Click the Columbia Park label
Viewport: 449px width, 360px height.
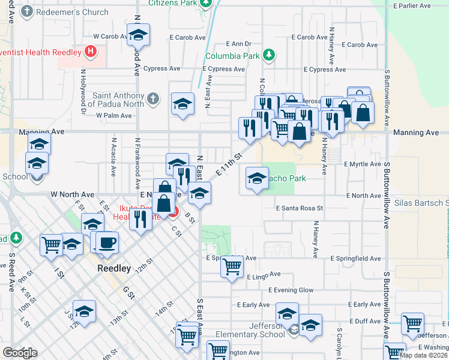tap(232, 57)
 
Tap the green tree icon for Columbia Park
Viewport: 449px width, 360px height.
tap(270, 56)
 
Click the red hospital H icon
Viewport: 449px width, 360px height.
tap(89, 52)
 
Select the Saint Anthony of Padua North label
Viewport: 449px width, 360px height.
tap(118, 100)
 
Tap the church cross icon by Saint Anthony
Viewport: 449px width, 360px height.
tap(153, 98)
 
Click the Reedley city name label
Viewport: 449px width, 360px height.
tap(114, 269)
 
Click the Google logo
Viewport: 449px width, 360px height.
tap(20, 353)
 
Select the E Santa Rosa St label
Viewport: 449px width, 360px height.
tap(300, 208)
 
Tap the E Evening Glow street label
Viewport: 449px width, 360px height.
tap(291, 290)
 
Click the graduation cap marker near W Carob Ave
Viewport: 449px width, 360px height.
tap(139, 36)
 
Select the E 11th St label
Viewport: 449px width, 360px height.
tap(228, 164)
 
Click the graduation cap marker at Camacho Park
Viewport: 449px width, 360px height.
tap(257, 178)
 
